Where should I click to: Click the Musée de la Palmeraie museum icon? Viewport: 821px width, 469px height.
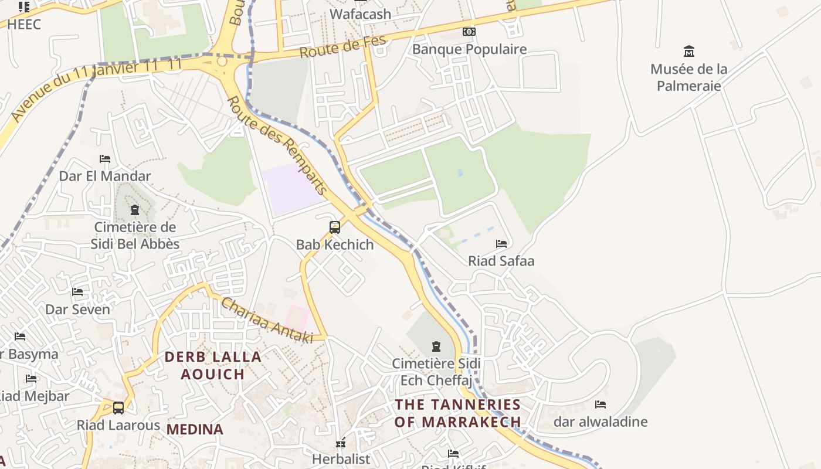pos(689,52)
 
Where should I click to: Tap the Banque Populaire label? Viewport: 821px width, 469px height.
pos(469,49)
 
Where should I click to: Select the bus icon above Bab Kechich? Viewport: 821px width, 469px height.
pos(335,227)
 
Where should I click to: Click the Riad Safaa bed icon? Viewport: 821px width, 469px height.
pos(501,244)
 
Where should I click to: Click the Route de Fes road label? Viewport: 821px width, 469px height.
pos(343,47)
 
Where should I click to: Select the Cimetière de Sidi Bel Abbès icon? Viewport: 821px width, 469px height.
pos(135,210)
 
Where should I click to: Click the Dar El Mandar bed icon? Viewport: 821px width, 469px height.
pos(105,159)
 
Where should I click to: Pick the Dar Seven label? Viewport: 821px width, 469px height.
pos(77,310)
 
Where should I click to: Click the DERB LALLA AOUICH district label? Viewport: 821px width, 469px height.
pos(212,365)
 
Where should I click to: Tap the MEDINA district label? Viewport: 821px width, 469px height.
pos(195,429)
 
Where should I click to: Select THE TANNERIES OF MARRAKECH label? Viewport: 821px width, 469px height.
pos(457,413)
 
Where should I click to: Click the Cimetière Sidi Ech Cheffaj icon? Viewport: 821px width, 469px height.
pos(436,346)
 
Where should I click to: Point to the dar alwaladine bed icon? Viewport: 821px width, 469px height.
pos(601,405)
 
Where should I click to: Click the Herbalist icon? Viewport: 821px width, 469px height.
pos(341,444)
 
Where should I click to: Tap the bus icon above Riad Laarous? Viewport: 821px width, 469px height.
pos(118,408)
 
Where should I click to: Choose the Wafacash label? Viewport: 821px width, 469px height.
pos(361,14)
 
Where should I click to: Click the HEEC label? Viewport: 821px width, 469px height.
pos(24,24)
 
